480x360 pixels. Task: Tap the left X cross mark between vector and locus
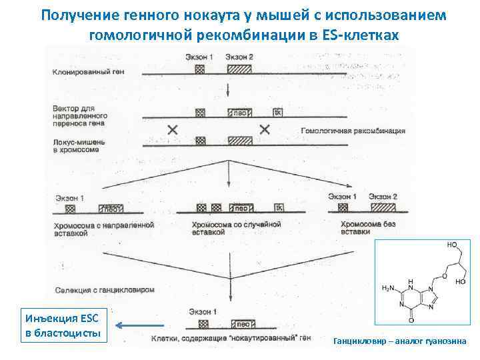pos(173,129)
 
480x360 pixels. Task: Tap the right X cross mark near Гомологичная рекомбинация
pos(265,129)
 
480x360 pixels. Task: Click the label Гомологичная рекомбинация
pos(353,131)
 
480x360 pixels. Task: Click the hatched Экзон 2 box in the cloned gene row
pos(239,69)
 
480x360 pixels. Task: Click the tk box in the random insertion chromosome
pos(279,207)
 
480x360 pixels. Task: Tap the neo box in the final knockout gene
pos(241,324)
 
